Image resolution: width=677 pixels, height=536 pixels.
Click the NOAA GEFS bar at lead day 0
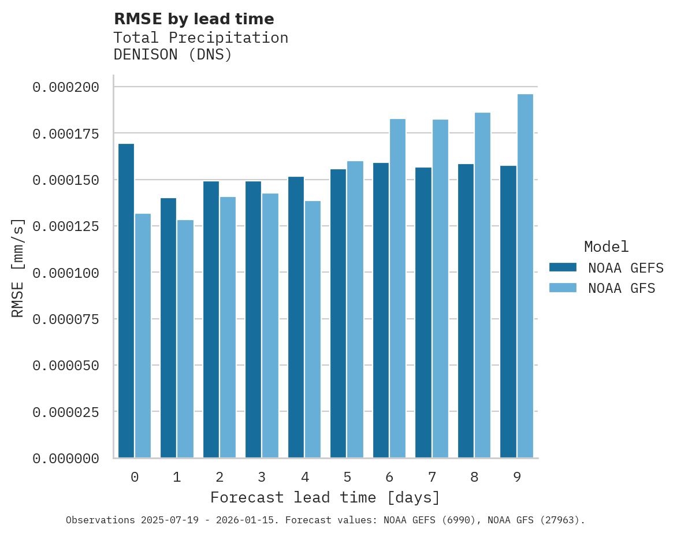[126, 300]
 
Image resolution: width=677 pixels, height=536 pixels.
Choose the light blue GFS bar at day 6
[397, 288]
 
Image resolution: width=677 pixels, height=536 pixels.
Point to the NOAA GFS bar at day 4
[313, 329]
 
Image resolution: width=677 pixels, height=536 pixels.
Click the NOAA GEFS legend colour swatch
[563, 267]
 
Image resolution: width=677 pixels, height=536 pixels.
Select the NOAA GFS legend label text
[622, 288]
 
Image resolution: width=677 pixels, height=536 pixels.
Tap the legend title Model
[606, 247]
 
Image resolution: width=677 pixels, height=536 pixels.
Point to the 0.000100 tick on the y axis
[66, 273]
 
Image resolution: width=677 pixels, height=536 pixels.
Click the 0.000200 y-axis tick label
[66, 87]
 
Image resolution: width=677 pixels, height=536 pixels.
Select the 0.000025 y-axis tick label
[66, 412]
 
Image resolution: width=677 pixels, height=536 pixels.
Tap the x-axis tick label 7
[432, 477]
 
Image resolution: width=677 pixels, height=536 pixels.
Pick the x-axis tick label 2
[220, 477]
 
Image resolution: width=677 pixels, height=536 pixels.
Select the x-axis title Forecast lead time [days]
[325, 497]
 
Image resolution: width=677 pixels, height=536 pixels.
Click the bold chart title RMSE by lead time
[194, 19]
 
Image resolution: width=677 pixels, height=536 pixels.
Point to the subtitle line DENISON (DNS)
[173, 55]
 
